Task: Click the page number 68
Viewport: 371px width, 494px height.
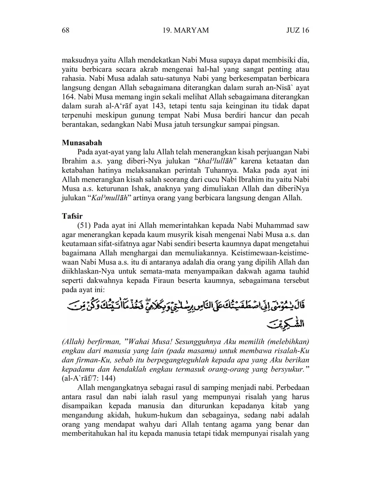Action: pos(66,30)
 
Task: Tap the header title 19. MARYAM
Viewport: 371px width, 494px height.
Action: pos(186,30)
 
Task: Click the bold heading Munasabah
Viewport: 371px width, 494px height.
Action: pos(82,143)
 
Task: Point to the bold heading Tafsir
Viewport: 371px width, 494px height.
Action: pos(72,216)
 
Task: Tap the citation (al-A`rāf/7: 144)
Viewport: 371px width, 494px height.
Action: pos(89,378)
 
